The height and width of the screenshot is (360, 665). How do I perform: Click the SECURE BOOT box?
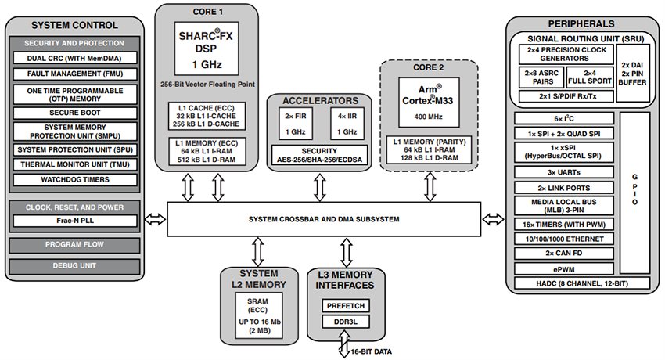pos(75,112)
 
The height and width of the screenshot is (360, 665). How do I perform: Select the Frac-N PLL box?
pos(75,221)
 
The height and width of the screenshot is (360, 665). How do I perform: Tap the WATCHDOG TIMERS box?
pos(75,179)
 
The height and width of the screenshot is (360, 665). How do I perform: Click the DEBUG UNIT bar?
pos(75,266)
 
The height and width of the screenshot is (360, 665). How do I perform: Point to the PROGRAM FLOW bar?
pos(75,244)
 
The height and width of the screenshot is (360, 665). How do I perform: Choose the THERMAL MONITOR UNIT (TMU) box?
pos(75,164)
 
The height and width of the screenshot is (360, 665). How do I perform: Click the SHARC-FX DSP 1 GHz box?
pos(206,49)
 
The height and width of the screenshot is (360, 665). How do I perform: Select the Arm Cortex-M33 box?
pos(428,93)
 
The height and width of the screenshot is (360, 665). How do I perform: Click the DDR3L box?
pos(344,322)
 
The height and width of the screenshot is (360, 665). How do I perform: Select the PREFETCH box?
pos(344,305)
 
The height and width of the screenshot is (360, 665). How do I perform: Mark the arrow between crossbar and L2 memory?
pos(255,250)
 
